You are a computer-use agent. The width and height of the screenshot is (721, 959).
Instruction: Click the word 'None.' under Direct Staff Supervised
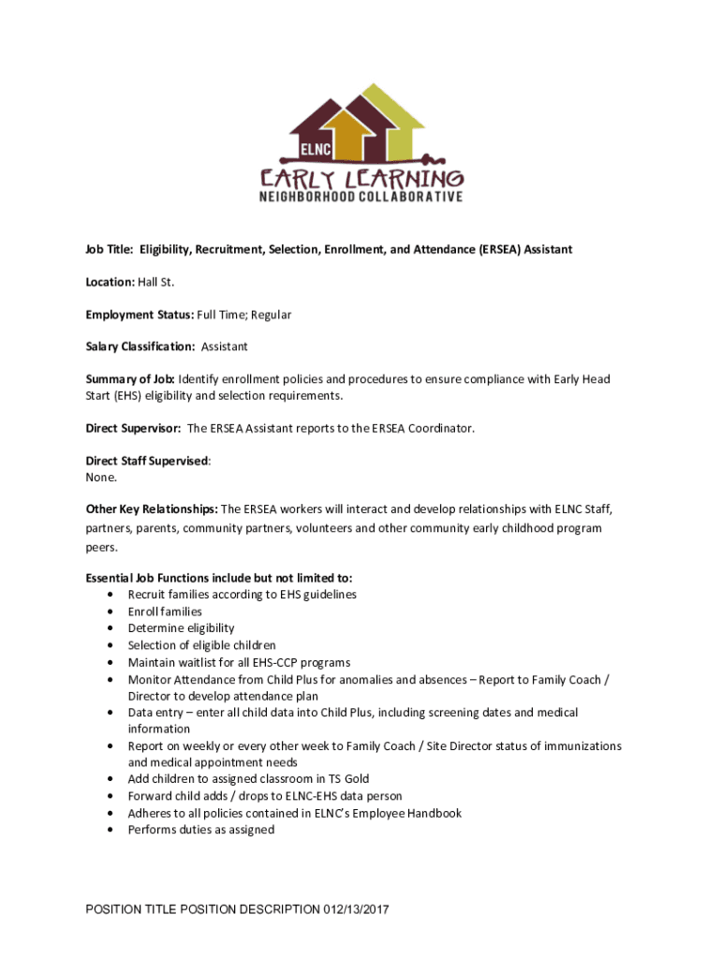(x=101, y=477)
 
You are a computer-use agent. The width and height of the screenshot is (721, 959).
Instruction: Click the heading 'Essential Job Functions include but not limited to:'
(x=219, y=578)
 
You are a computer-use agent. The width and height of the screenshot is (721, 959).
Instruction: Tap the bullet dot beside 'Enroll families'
(x=112, y=612)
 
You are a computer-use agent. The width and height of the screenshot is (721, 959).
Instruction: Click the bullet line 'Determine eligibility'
(x=181, y=628)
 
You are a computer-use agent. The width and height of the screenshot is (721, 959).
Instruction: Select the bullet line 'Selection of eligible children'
(x=201, y=645)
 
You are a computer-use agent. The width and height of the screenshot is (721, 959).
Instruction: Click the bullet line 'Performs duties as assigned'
(x=200, y=830)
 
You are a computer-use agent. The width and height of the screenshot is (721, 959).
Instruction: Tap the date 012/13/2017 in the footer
(x=356, y=909)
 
